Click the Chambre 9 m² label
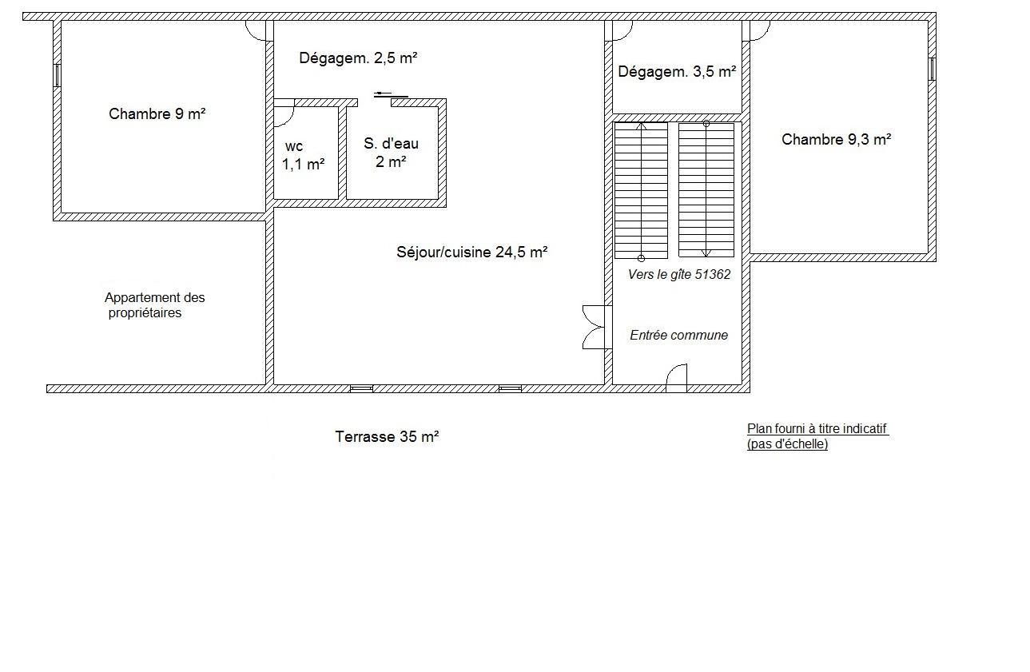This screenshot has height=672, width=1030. pos(157,113)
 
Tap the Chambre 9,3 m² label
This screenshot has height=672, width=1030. pos(837,139)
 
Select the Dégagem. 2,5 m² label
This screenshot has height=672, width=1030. pos(358,58)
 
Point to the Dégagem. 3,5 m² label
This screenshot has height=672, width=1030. pos(677,72)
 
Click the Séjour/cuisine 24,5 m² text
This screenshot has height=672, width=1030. pos(471,252)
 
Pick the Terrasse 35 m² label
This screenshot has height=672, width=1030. pos(387,436)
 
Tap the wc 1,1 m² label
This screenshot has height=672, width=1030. pos(303,156)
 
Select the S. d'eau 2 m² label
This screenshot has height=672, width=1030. pos(391,153)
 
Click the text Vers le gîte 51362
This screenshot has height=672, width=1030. pos(679,275)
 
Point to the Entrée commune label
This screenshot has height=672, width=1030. pos(678,336)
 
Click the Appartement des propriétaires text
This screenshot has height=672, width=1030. pos(154,305)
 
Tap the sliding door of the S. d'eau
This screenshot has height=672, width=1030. pos(391,95)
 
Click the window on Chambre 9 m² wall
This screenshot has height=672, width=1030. pos(57,75)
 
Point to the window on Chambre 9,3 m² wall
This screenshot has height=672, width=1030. pos(932,69)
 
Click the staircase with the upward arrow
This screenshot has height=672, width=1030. pos(641,190)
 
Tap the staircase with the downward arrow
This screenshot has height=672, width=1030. pos(706,189)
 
